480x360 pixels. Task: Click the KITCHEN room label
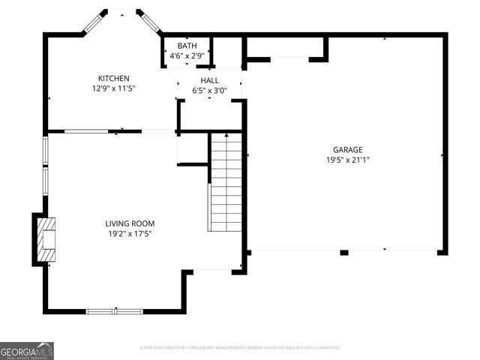(114, 79)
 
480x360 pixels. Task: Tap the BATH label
(187, 46)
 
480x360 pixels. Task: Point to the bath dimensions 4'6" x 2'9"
(187, 55)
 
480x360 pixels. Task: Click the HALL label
(209, 80)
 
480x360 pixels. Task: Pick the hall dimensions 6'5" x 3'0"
(209, 91)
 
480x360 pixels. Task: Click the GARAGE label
(348, 149)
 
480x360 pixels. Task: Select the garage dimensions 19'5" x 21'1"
(348, 160)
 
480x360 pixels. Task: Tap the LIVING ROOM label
(130, 223)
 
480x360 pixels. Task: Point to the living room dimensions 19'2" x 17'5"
(130, 233)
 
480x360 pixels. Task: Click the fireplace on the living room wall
(44, 239)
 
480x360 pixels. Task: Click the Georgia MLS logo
(27, 351)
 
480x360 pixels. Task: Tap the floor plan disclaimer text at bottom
(240, 348)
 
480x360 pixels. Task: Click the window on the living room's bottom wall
(114, 310)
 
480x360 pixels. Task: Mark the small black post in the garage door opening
(343, 253)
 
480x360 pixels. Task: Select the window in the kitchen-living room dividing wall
(85, 132)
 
